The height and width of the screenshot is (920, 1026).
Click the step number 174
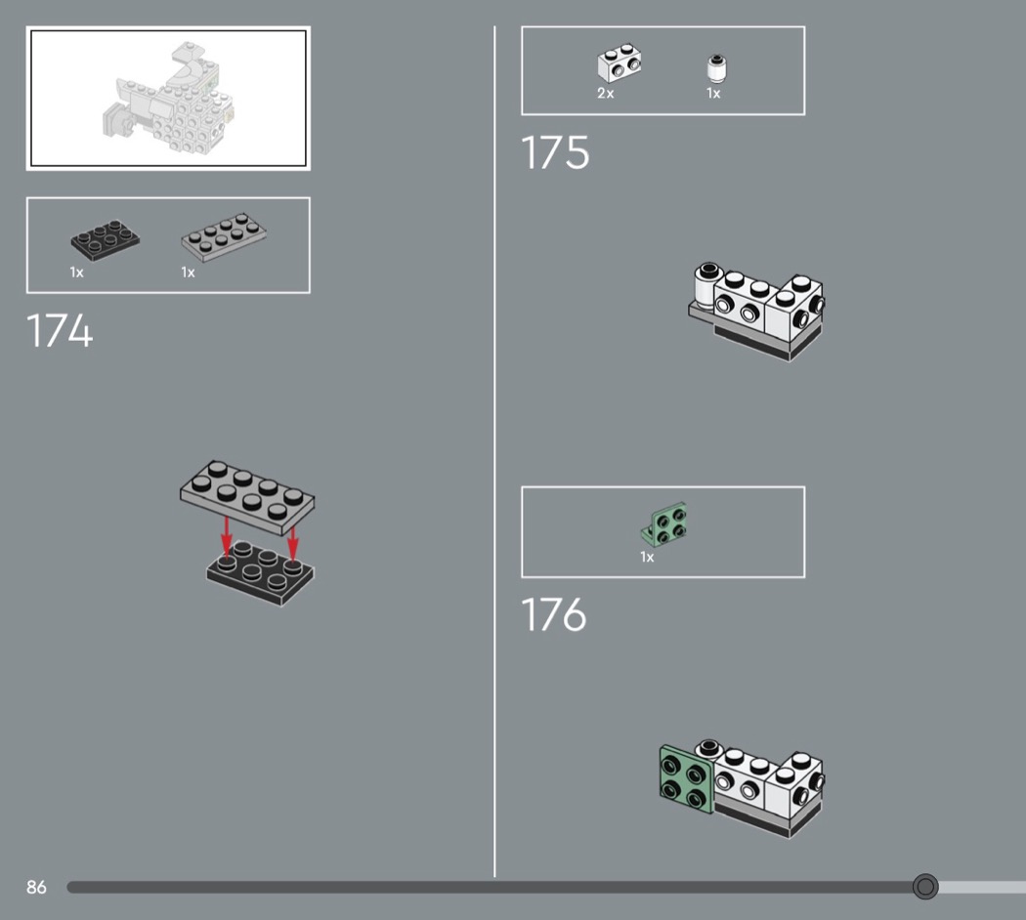[60, 330]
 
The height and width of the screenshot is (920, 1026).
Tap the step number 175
[555, 153]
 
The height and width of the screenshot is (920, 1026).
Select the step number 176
[554, 614]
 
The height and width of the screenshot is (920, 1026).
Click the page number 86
[36, 888]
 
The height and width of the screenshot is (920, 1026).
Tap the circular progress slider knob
[925, 887]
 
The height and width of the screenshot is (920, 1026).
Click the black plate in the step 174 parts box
[105, 239]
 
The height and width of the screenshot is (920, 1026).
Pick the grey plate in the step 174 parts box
[224, 236]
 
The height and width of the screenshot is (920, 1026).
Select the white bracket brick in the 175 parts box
[619, 63]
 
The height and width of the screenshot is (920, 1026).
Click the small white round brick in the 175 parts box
[717, 68]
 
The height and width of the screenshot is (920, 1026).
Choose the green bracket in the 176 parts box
[664, 524]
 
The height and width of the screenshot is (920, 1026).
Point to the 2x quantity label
[605, 94]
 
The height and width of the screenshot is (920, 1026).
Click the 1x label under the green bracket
[647, 557]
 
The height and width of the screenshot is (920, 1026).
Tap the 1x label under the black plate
[76, 272]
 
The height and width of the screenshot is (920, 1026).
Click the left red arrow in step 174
[227, 538]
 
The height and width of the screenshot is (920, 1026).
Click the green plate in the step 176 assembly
[686, 778]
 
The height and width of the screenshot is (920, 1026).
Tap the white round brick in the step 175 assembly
[705, 285]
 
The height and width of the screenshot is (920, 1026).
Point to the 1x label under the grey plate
[188, 272]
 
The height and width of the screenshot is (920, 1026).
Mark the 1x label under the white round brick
[713, 94]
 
